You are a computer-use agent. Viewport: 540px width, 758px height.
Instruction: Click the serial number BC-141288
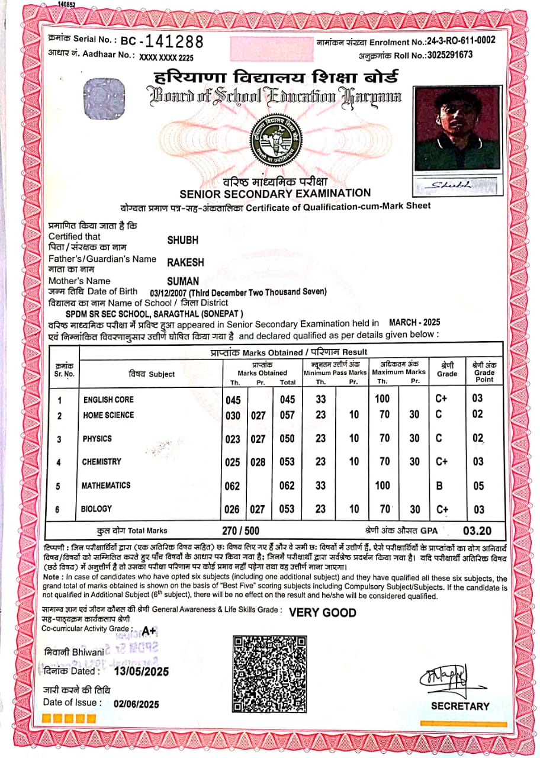pyautogui.click(x=162, y=41)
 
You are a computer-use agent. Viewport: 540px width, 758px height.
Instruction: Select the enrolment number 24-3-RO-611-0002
pyautogui.click(x=461, y=41)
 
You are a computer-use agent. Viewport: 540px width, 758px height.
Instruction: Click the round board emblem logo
pyautogui.click(x=274, y=140)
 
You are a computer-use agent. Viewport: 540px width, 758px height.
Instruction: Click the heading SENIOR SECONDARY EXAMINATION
pyautogui.click(x=275, y=193)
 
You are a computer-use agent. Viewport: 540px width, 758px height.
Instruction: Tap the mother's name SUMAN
pyautogui.click(x=183, y=281)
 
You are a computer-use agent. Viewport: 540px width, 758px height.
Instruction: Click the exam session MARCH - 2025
pyautogui.click(x=414, y=323)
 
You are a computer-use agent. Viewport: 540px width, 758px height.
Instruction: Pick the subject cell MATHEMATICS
pyautogui.click(x=106, y=486)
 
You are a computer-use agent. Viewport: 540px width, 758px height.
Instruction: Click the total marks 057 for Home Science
pyautogui.click(x=287, y=415)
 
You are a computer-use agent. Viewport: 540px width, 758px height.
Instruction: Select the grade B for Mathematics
pyautogui.click(x=439, y=486)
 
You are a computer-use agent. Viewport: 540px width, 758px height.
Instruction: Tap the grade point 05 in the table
pyautogui.click(x=478, y=486)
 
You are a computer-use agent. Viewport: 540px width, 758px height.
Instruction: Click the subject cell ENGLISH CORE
pyautogui.click(x=108, y=400)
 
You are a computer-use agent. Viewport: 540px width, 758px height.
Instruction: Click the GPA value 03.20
pyautogui.click(x=477, y=530)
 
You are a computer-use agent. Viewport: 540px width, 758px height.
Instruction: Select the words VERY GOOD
pyautogui.click(x=323, y=612)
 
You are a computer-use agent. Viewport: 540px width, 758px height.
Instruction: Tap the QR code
pyautogui.click(x=269, y=673)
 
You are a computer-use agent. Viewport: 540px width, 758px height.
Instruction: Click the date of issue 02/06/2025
pyautogui.click(x=137, y=704)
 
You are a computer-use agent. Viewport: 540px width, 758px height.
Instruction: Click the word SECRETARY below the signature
pyautogui.click(x=460, y=706)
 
